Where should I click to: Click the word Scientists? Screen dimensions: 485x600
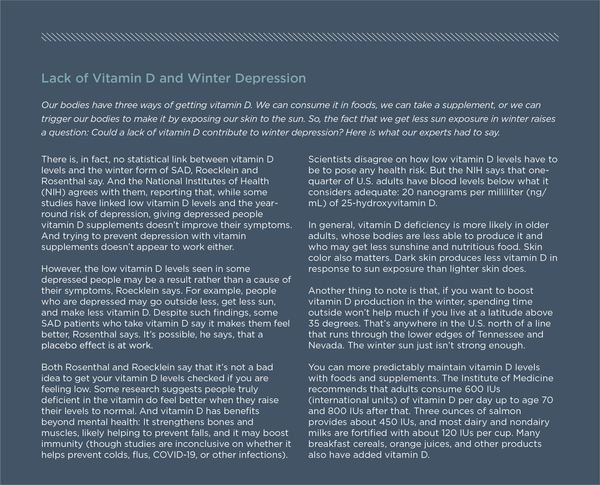point(330,159)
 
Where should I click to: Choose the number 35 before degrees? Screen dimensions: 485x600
point(314,323)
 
